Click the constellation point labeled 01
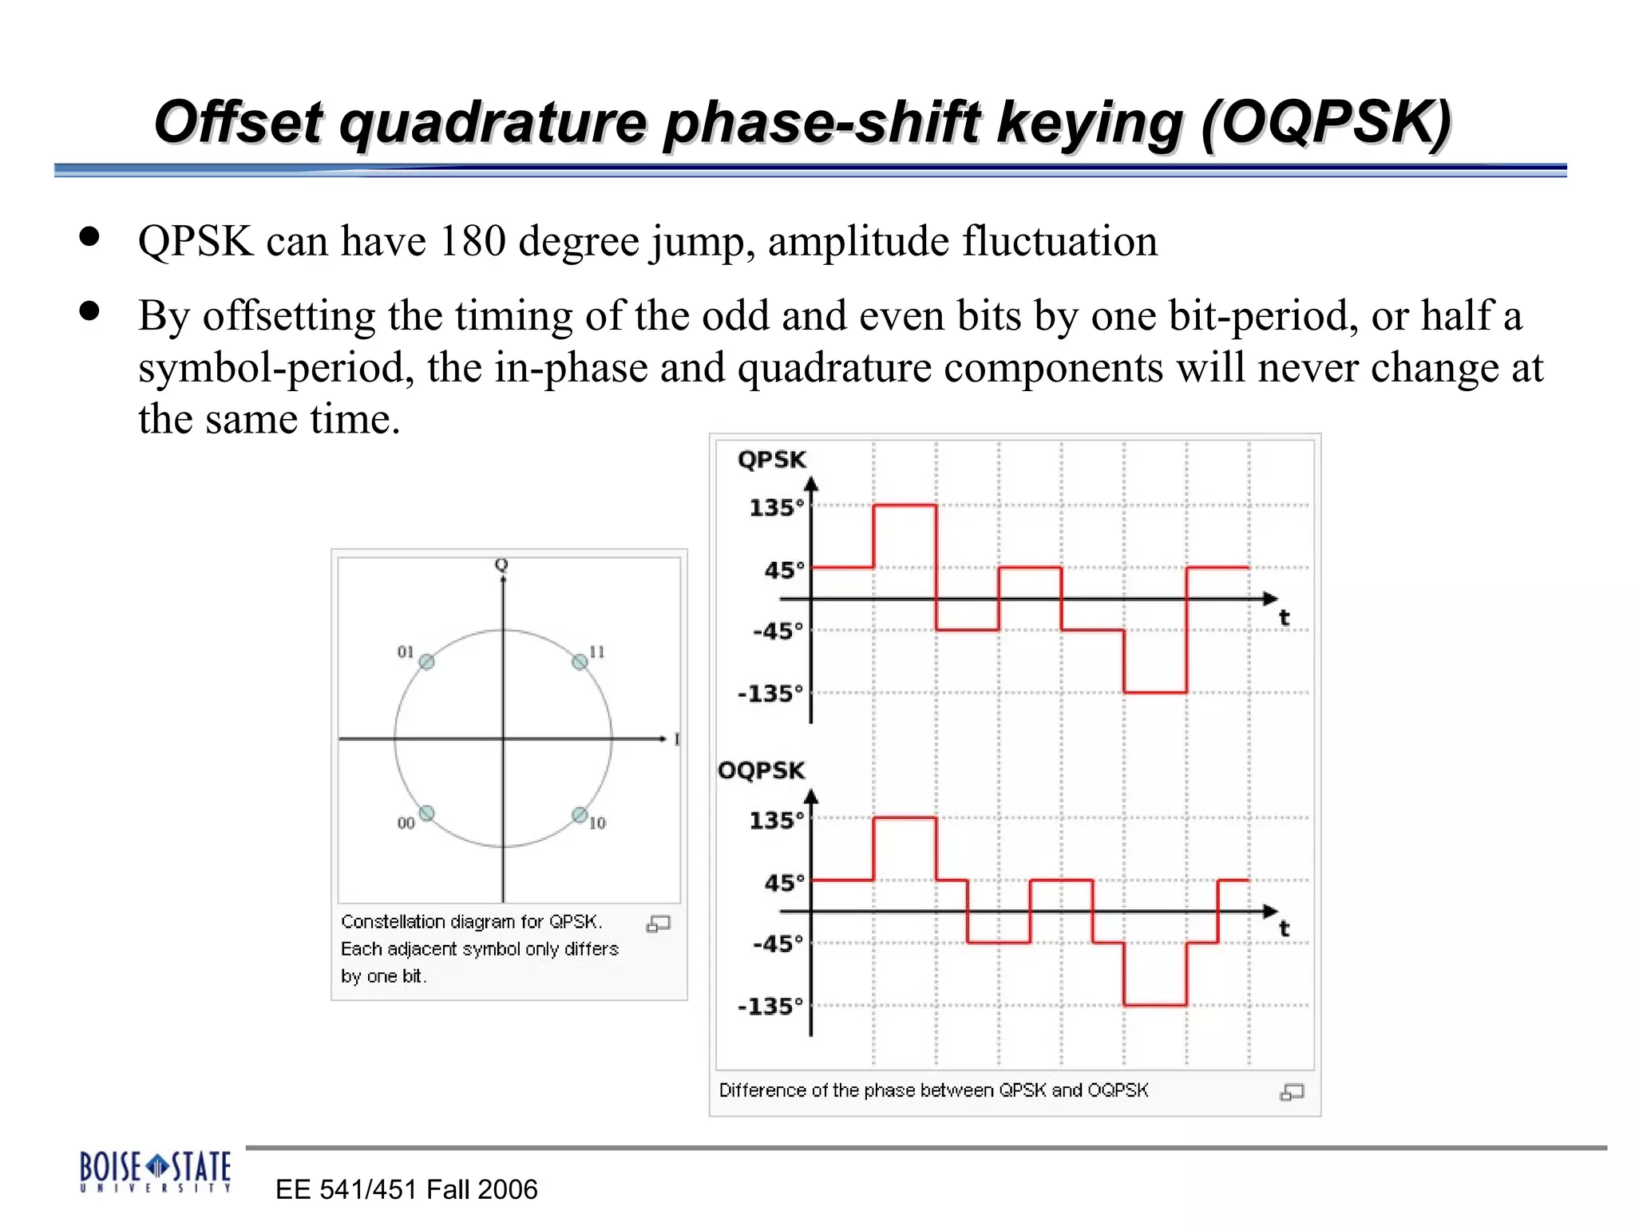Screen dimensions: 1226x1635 tap(427, 662)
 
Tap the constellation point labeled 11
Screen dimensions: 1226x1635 tap(580, 662)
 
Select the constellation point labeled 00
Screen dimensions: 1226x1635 tap(427, 813)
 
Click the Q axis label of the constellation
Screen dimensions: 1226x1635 tap(501, 565)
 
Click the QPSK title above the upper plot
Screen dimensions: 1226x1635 tap(771, 460)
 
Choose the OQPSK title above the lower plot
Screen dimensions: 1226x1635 tap(762, 770)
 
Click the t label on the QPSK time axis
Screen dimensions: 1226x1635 tap(1284, 617)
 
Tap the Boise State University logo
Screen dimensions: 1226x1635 tap(156, 1171)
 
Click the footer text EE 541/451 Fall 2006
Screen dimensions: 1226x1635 tap(406, 1189)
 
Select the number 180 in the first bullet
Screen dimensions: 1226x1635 tap(472, 240)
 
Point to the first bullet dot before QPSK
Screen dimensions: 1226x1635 tap(89, 236)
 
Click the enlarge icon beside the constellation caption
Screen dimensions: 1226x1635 tap(658, 923)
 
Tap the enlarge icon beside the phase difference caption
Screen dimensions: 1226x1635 tap(1292, 1092)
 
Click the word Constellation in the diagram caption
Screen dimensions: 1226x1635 tap(393, 922)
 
